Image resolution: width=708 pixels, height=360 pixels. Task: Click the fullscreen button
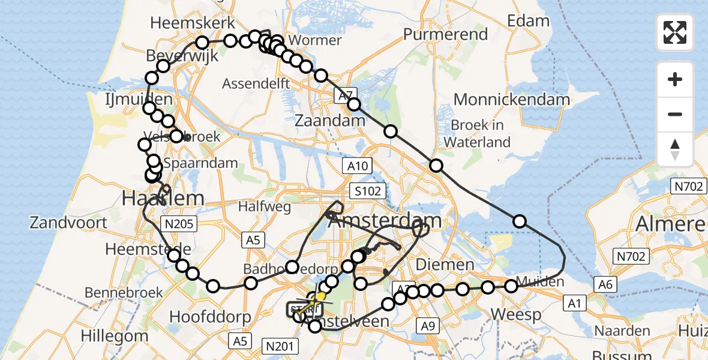pyautogui.click(x=675, y=32)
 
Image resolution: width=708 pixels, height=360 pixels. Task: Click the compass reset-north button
pyautogui.click(x=675, y=149)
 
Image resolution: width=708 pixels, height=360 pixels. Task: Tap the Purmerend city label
pyautogui.click(x=445, y=34)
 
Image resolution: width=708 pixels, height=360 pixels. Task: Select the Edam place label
pyautogui.click(x=528, y=21)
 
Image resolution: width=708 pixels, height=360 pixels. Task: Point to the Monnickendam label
pyautogui.click(x=512, y=100)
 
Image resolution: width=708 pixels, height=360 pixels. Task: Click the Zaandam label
pyautogui.click(x=330, y=121)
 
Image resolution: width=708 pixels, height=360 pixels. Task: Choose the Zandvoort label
pyautogui.click(x=69, y=223)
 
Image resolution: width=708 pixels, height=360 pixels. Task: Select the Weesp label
pyautogui.click(x=516, y=314)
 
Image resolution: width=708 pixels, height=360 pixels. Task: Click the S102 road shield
pyautogui.click(x=366, y=191)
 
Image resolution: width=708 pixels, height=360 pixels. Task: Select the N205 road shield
pyautogui.click(x=178, y=224)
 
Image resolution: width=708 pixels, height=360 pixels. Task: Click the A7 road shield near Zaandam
pyautogui.click(x=344, y=95)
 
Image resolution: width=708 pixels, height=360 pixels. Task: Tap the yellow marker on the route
pyautogui.click(x=321, y=296)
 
